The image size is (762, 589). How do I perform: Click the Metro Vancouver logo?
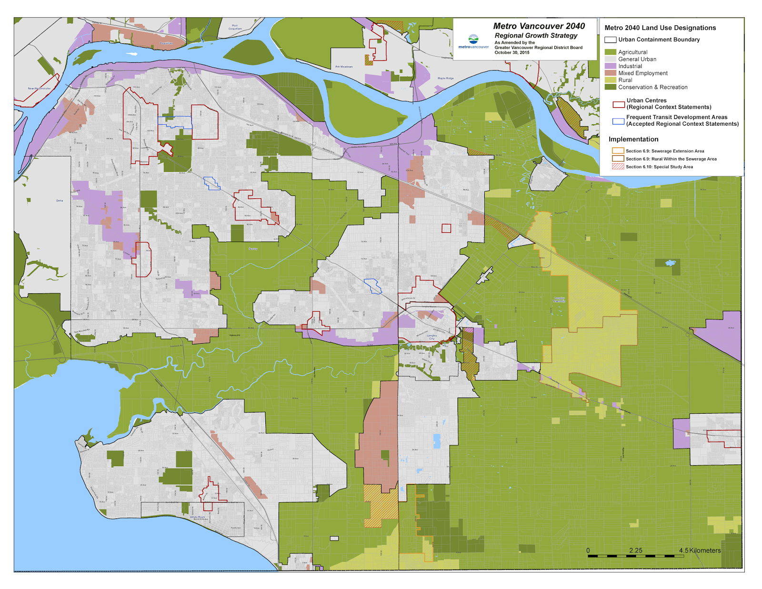[473, 41]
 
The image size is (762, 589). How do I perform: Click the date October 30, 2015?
[511, 52]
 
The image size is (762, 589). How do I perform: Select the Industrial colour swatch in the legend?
[611, 66]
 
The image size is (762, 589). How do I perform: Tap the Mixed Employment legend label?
[642, 73]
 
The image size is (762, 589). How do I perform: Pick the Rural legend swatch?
[611, 80]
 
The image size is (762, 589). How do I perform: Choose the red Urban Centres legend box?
[618, 104]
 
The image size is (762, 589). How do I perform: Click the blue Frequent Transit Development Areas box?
[618, 121]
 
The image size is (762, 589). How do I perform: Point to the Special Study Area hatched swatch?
[618, 167]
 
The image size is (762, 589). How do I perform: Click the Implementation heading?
[633, 140]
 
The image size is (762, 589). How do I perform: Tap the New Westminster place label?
[39, 89]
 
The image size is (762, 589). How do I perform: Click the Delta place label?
[60, 200]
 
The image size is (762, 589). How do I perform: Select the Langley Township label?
[559, 299]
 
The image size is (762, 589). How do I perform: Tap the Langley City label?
[431, 337]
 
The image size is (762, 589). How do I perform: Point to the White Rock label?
[197, 517]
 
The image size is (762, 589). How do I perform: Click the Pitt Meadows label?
[344, 67]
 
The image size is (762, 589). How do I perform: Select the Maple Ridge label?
[446, 78]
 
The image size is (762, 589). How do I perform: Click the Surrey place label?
[253, 249]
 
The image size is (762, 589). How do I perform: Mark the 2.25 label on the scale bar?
[635, 550]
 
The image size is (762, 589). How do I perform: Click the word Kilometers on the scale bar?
[705, 550]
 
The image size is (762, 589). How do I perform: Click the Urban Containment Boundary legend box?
[611, 40]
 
